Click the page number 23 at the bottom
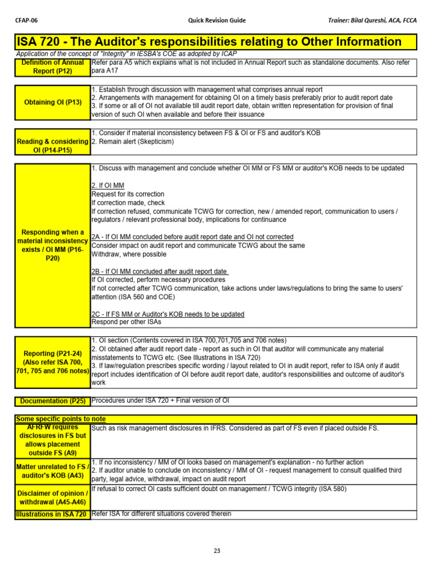pos(217,550)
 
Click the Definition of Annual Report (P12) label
pos(53,67)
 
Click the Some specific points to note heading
pos(61,419)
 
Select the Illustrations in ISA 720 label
pos(52,514)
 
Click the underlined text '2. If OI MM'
pos(108,185)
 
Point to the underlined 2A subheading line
pos(192,237)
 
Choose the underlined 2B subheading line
pos(159,271)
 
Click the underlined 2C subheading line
pos(168,314)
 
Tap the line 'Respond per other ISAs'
pos(126,322)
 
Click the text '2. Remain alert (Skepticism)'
pos(132,142)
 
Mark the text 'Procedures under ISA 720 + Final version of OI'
pos(160,400)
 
